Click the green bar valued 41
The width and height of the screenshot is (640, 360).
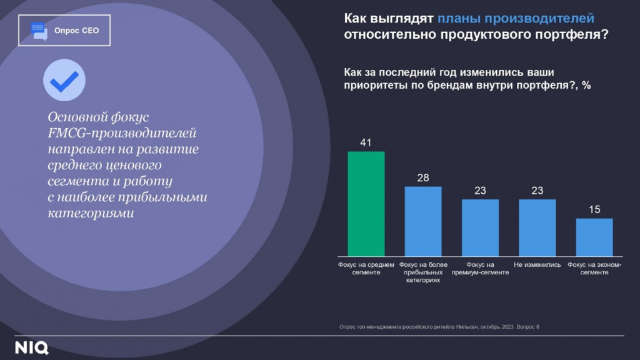click(x=366, y=204)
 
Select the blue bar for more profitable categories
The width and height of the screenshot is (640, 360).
click(x=423, y=221)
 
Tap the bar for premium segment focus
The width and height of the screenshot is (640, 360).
click(x=480, y=227)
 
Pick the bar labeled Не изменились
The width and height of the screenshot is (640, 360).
click(x=537, y=227)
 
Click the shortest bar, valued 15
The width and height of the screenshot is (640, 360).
click(x=594, y=237)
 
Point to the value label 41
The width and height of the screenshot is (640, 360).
click(x=366, y=143)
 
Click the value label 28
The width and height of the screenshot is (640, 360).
click(x=423, y=178)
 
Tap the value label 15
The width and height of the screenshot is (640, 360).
click(x=594, y=210)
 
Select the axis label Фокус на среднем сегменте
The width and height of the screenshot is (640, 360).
click(x=366, y=269)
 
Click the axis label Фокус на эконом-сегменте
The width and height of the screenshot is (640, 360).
click(x=594, y=269)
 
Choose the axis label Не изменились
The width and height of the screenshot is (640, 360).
click(x=537, y=265)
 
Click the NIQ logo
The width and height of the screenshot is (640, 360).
click(x=32, y=348)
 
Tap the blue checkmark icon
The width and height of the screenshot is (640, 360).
click(x=64, y=81)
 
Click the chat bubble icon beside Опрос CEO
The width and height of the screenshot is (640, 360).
click(x=39, y=30)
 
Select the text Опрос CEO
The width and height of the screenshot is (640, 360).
click(x=76, y=30)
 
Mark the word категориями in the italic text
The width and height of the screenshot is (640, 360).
click(x=91, y=214)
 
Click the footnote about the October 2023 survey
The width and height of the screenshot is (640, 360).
click(x=439, y=326)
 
